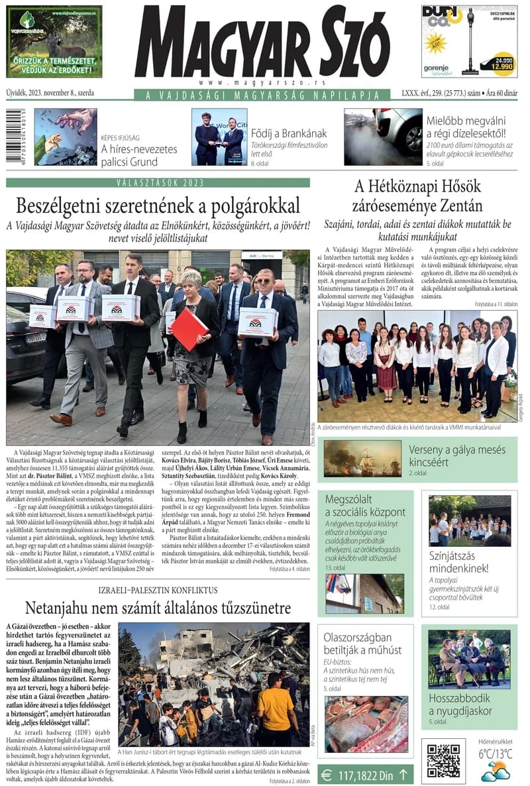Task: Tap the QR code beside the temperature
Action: click(443, 760)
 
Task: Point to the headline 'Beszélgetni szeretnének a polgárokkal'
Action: click(158, 205)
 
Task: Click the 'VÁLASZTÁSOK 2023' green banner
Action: click(158, 182)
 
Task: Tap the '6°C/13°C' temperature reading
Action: click(496, 754)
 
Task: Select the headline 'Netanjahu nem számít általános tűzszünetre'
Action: click(158, 608)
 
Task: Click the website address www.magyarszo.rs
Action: click(262, 82)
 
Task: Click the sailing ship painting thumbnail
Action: click(362, 458)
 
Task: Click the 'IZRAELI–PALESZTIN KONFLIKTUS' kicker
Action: click(158, 590)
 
